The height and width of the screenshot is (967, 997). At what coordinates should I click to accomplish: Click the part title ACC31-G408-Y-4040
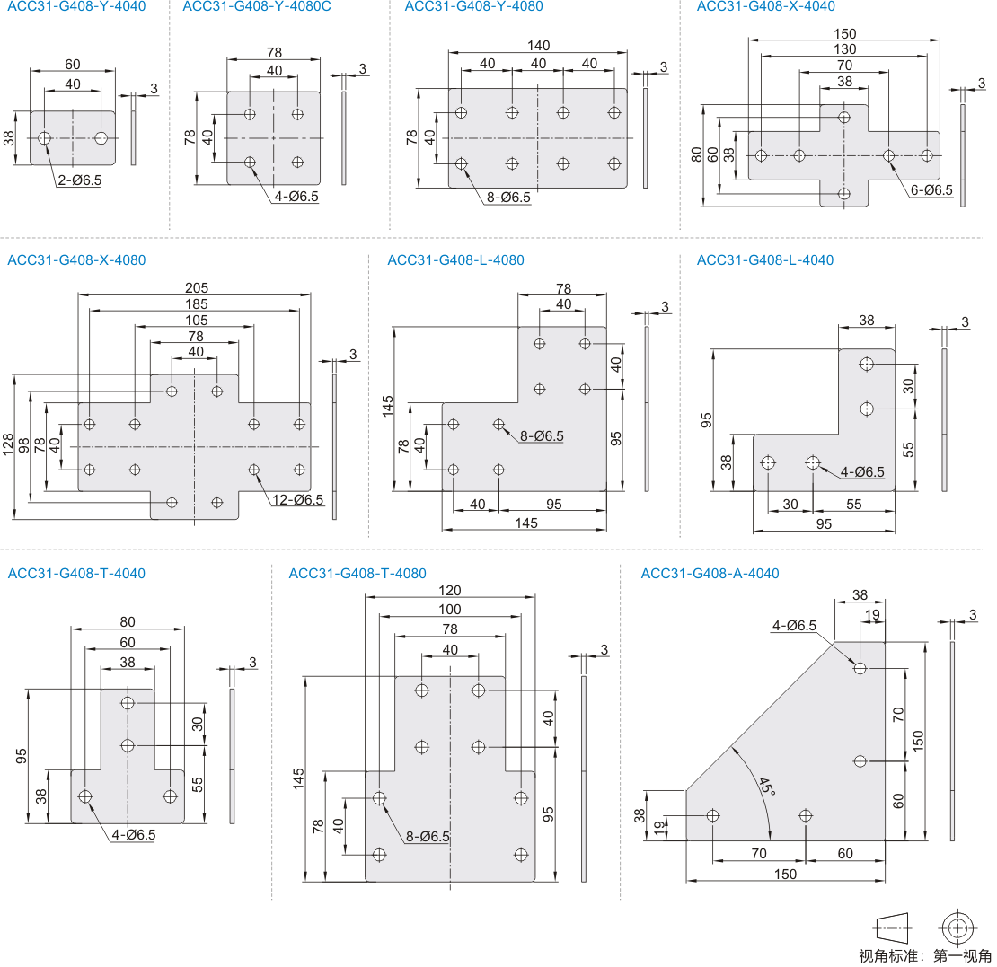click(x=76, y=6)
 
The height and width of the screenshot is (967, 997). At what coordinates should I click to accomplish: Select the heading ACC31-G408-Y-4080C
click(x=257, y=6)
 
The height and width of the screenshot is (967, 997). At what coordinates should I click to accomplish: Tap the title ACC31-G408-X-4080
click(x=76, y=260)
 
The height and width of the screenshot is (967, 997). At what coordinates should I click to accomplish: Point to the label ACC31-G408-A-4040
click(x=710, y=574)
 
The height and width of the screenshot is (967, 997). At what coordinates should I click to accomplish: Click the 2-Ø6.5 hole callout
click(x=80, y=180)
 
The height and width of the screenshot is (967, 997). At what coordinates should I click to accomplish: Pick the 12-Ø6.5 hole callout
click(x=297, y=500)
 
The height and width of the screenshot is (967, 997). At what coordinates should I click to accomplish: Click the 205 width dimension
click(x=196, y=288)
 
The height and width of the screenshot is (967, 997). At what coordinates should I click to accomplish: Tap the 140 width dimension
click(x=539, y=46)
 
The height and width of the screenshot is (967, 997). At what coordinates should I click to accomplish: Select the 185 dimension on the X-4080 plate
click(x=196, y=304)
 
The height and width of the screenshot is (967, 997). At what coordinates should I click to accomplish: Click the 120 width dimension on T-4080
click(x=450, y=590)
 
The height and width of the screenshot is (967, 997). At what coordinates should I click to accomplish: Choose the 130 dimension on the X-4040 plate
click(x=845, y=49)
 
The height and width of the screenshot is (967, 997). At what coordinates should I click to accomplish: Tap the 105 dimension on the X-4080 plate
click(x=196, y=321)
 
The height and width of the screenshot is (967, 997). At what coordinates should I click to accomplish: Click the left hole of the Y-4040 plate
click(x=45, y=138)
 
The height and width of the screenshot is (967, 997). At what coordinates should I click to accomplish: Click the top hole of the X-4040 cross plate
click(x=843, y=117)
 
